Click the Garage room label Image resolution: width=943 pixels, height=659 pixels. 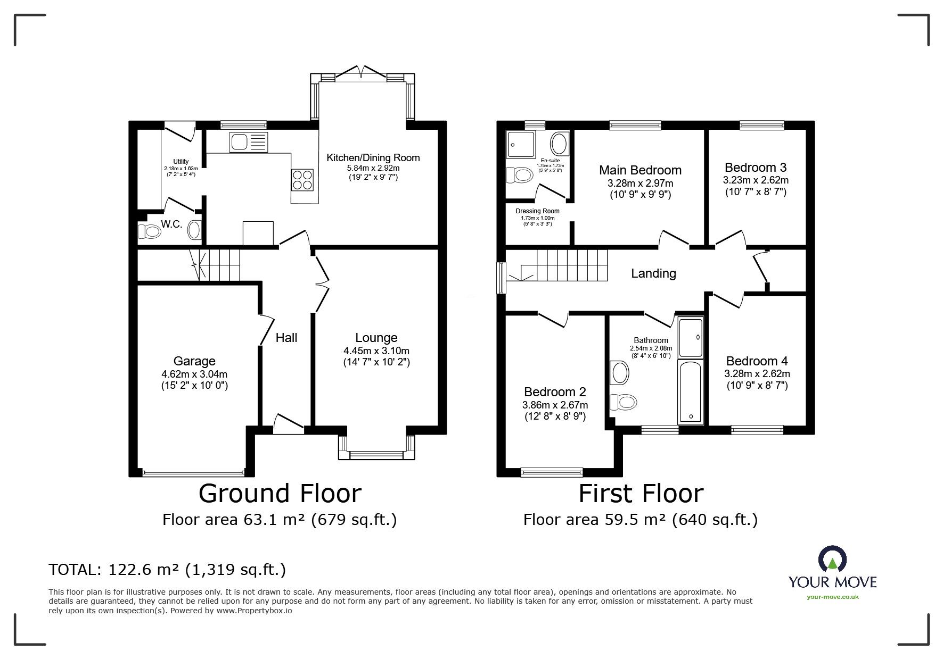tap(194, 362)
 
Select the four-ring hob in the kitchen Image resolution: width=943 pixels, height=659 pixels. tap(302, 179)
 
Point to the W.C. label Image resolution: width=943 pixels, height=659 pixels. tap(171, 224)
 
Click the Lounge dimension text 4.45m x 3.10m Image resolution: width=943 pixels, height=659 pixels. tap(376, 351)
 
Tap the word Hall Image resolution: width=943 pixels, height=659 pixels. tap(286, 338)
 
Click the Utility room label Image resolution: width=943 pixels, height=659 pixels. tap(181, 162)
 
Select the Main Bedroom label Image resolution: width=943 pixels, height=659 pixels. tap(640, 170)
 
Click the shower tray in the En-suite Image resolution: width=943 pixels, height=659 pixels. tap(522, 144)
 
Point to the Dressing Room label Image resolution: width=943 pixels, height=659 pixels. tap(537, 211)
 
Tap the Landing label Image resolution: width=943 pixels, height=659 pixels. tap(653, 273)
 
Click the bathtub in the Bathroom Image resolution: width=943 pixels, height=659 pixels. tap(691, 391)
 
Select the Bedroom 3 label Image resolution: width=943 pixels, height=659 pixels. tap(755, 168)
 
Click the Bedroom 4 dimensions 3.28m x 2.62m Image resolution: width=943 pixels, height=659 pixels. tap(757, 374)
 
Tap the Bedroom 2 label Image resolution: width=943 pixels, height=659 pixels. tap(555, 392)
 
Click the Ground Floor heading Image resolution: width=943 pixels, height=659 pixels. tap(280, 494)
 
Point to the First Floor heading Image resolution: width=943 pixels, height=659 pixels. tap(641, 494)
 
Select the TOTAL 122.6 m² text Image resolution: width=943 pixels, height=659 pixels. tap(167, 570)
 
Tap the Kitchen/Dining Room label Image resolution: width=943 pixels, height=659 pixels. tap(373, 157)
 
